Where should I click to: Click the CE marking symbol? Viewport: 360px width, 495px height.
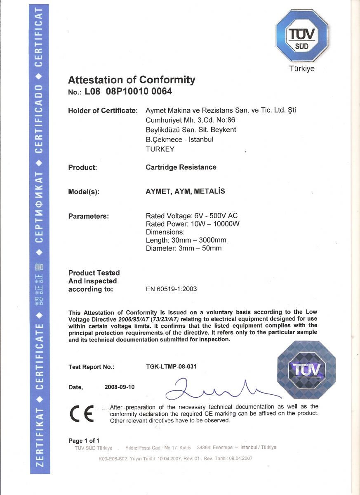point(83,413)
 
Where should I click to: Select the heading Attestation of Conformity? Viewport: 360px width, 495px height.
point(132,80)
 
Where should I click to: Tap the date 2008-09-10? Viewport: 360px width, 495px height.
point(120,387)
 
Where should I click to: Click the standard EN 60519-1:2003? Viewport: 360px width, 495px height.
point(171,289)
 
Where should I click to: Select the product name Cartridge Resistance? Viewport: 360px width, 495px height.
point(181,167)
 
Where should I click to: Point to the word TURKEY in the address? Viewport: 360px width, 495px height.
point(160,149)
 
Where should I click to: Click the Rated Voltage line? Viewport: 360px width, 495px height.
point(192,216)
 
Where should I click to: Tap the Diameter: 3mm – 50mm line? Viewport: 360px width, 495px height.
point(184,248)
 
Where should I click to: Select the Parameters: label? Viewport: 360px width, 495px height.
point(88,216)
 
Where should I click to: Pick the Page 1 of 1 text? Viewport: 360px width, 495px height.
point(84,440)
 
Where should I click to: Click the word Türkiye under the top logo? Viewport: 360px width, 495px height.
point(302,69)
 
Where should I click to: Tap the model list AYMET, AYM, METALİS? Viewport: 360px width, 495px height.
point(186,191)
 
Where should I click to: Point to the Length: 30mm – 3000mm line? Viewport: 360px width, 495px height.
point(186,240)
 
